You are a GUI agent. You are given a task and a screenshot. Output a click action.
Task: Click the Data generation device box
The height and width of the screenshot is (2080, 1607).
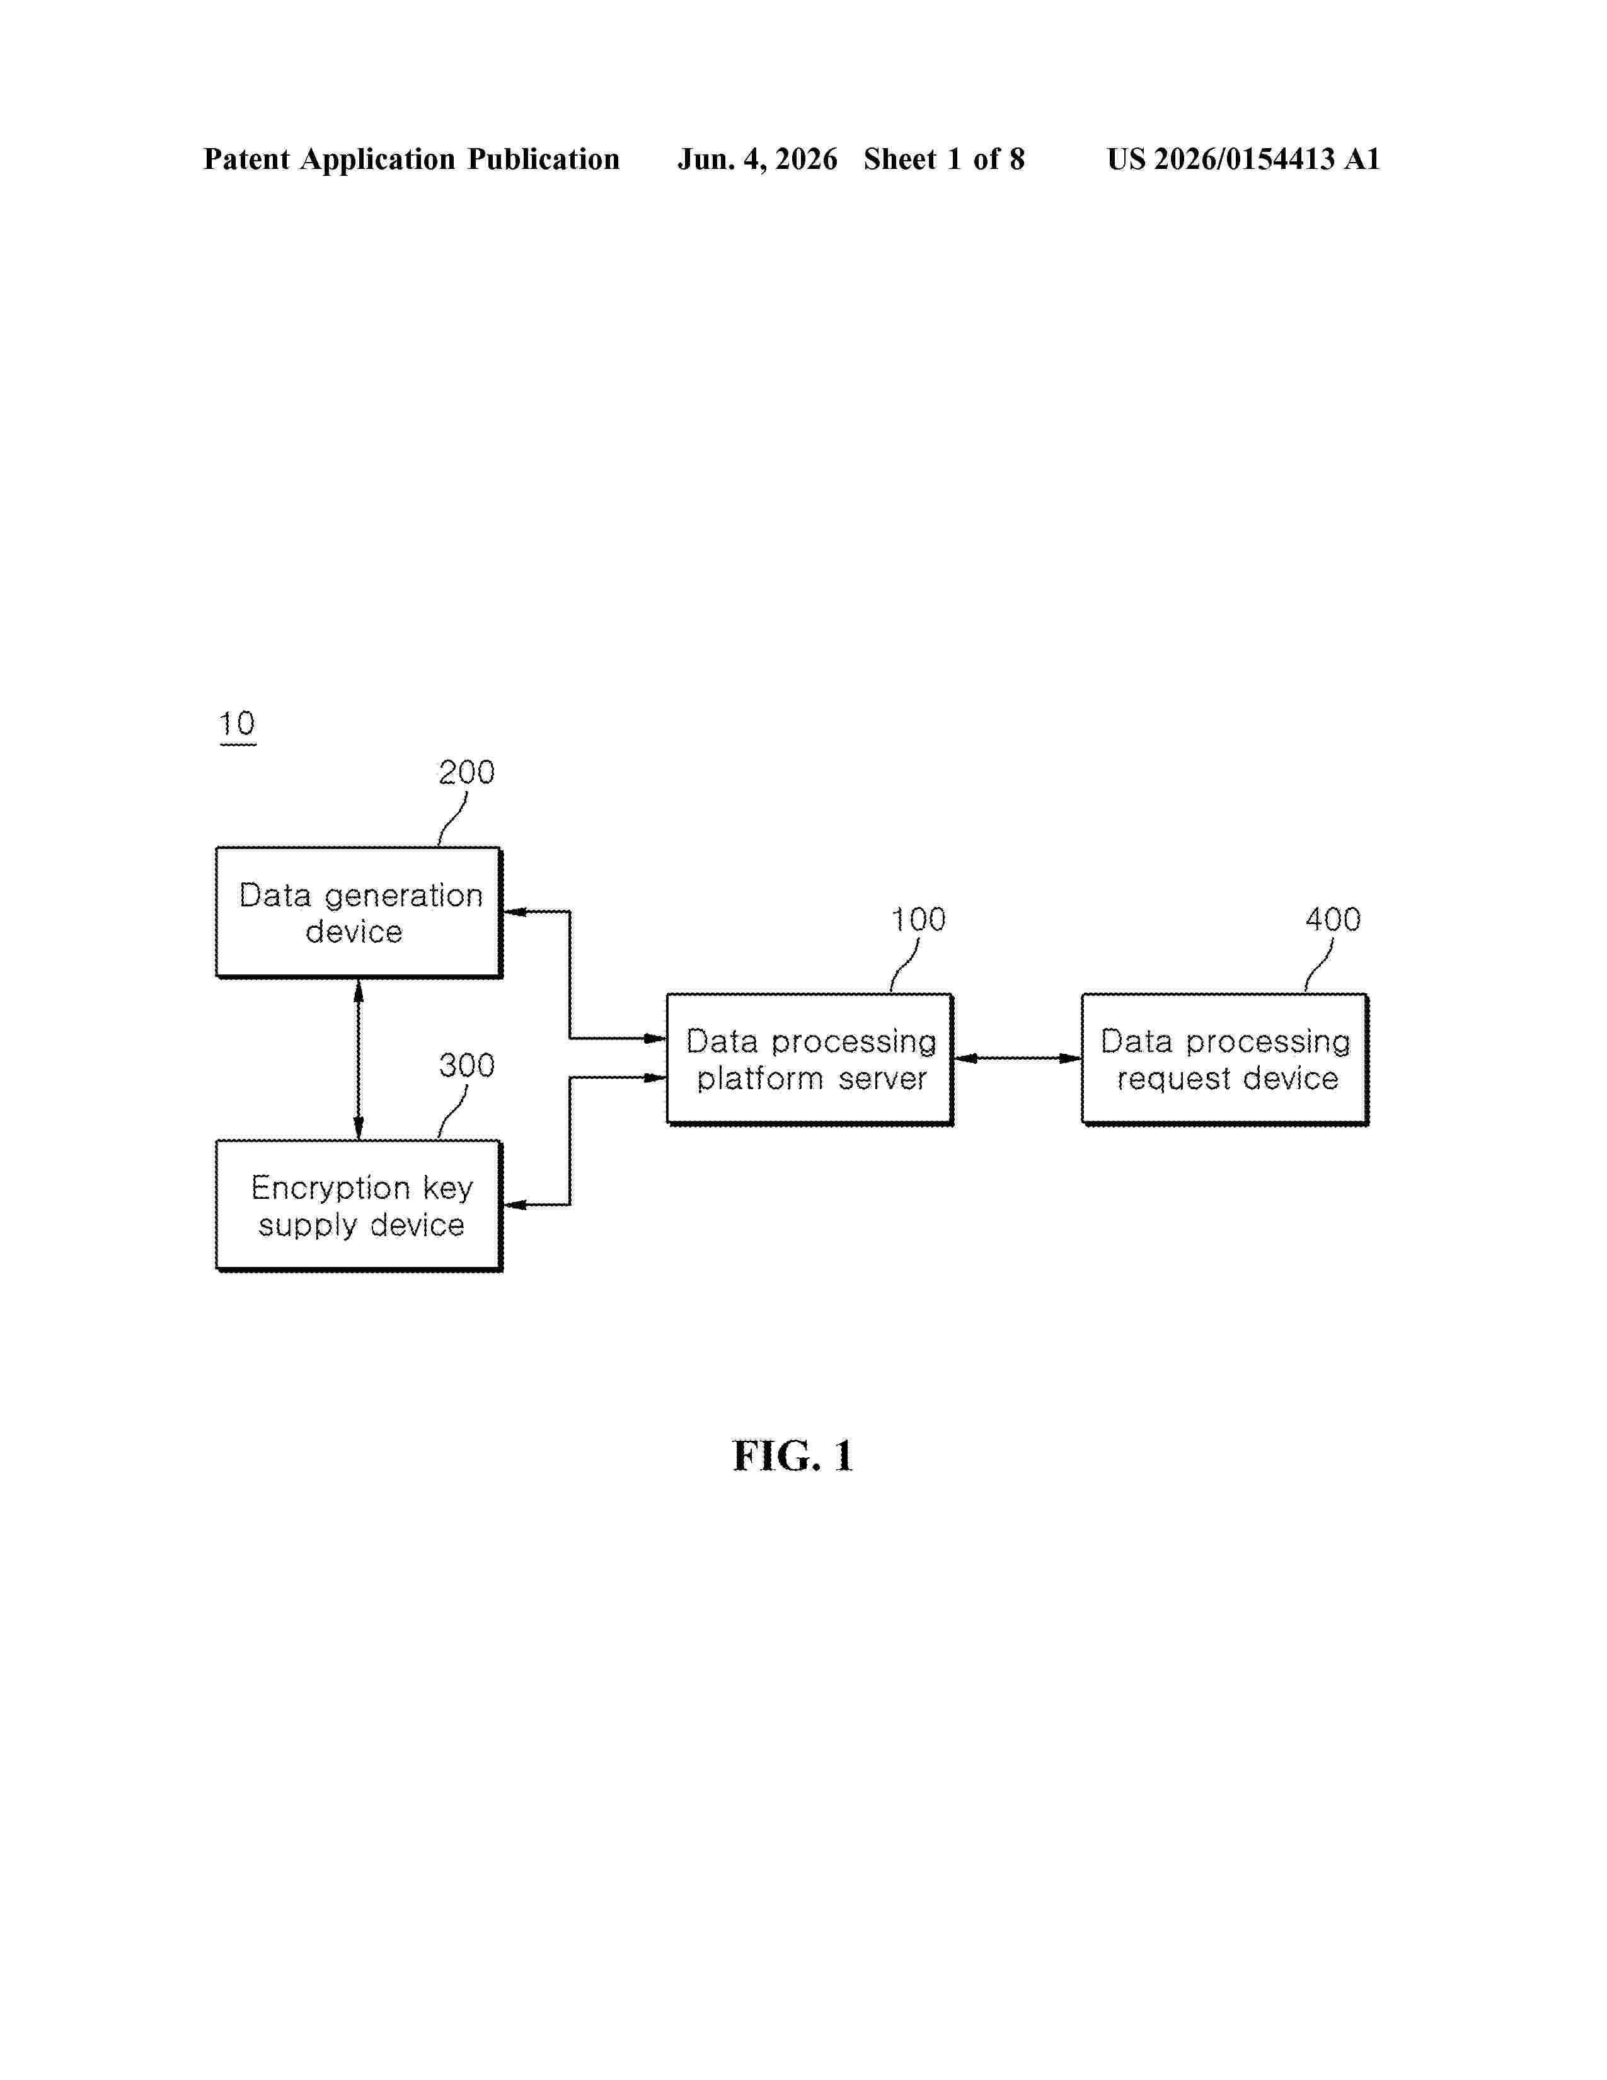click(359, 913)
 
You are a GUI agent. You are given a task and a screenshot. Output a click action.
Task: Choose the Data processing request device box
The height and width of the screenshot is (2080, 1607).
click(1224, 1059)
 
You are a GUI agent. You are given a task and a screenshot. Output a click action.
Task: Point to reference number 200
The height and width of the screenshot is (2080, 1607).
click(466, 772)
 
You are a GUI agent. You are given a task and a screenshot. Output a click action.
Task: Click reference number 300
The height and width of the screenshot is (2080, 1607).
click(466, 1065)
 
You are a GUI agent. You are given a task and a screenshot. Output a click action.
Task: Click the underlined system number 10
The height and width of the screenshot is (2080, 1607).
click(237, 725)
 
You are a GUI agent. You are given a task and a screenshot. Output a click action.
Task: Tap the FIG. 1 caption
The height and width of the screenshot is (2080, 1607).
click(792, 1456)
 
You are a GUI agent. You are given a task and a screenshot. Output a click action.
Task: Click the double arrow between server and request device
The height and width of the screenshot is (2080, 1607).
click(1017, 1058)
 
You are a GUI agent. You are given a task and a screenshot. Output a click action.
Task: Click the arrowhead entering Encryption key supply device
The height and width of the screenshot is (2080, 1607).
click(514, 1205)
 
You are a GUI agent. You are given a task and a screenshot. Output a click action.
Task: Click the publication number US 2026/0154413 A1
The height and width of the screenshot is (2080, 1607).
click(1243, 159)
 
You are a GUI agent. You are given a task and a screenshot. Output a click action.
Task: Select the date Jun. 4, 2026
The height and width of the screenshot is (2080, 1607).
click(757, 159)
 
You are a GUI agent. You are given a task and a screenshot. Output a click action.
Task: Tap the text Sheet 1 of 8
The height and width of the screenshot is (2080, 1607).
click(945, 159)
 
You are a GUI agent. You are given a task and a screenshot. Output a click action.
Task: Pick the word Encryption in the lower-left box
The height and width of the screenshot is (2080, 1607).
click(330, 1189)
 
